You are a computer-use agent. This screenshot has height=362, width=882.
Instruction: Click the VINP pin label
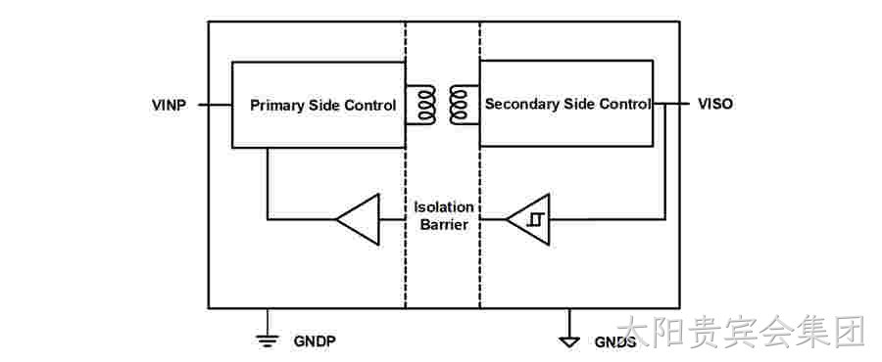169,105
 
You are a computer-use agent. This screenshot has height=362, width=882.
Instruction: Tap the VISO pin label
715,104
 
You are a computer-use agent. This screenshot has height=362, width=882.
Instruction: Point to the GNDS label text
615,341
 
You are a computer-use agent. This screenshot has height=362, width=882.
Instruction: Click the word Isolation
444,207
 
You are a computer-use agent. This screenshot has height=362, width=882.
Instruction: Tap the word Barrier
444,226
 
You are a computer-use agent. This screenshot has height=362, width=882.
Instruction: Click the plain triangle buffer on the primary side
358,219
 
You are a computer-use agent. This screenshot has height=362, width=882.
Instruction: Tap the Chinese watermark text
740,331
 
